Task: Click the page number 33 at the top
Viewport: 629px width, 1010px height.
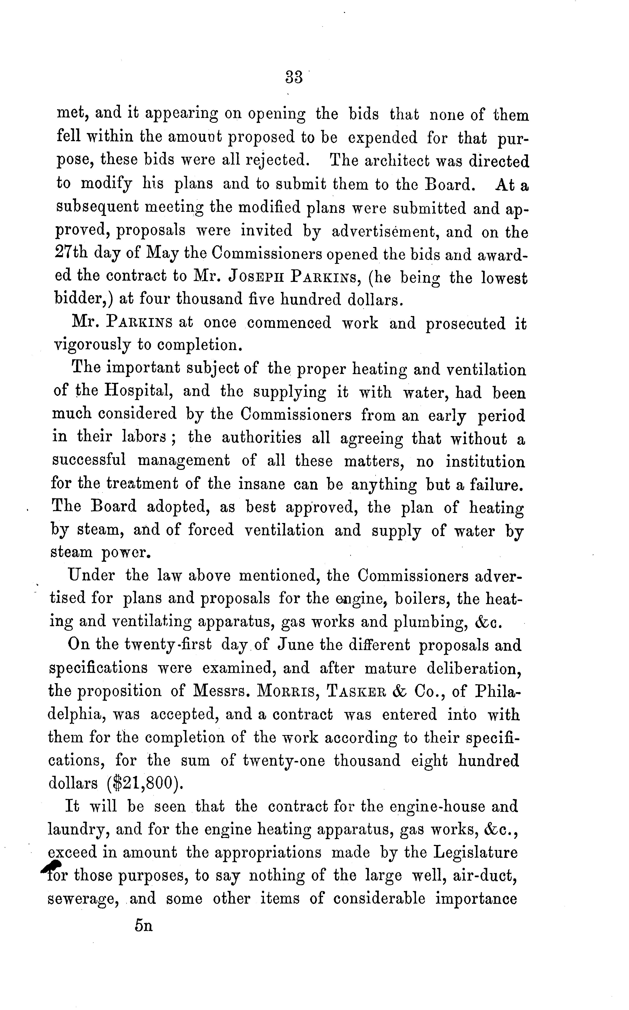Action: (294, 77)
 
